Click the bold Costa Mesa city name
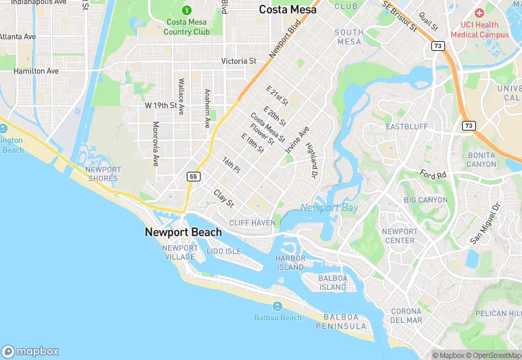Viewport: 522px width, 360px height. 288,10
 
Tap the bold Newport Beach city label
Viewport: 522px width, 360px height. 183,232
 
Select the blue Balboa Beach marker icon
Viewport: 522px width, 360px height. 277,306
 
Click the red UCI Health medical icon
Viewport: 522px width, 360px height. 479,13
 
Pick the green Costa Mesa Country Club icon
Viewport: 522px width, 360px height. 187,10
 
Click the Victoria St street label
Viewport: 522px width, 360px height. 238,61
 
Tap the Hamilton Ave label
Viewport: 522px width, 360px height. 36,71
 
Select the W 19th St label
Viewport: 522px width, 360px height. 161,105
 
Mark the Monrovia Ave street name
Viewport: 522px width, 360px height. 156,144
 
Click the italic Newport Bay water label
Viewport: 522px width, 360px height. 329,207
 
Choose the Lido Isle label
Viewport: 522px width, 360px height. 224,251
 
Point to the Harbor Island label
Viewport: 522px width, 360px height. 290,262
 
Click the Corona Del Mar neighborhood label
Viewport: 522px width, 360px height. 406,316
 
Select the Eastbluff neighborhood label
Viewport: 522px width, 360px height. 407,127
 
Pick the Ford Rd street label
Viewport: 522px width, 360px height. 434,175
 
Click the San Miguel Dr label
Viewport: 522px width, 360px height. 486,224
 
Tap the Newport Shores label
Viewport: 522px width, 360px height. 103,174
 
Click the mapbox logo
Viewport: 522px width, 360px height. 30,351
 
